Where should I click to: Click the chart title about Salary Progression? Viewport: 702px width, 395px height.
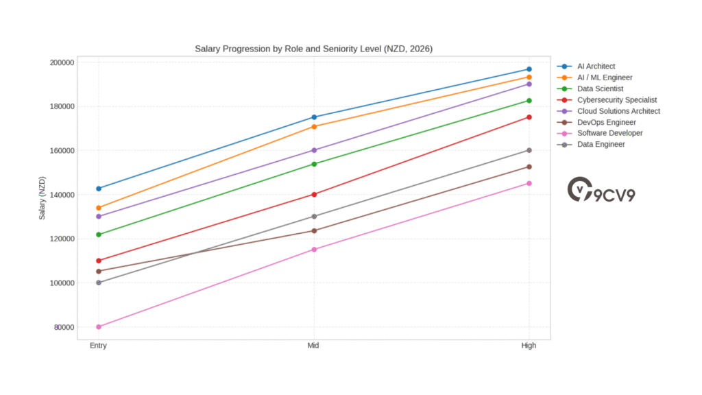313,49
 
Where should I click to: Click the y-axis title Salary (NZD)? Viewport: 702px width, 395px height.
43,195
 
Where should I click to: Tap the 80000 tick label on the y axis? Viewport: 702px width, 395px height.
64,327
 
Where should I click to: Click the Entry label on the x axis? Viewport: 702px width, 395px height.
98,346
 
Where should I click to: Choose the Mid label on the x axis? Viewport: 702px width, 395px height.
313,346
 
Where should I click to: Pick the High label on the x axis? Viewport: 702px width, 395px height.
529,346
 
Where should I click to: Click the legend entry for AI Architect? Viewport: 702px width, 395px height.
596,67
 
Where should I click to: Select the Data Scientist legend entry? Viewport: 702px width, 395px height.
600,88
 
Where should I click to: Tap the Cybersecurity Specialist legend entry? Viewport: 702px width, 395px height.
616,99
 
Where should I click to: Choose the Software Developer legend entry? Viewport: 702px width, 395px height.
609,133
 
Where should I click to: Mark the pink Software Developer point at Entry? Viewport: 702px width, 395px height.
99,326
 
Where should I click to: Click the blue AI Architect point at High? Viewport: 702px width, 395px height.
529,69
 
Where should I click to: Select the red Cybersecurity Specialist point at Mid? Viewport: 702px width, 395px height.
314,194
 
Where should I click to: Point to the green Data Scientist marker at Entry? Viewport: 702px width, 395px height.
99,235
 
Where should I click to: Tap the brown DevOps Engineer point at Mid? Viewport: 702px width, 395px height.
314,230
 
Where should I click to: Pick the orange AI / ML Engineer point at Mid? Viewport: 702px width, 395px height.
314,126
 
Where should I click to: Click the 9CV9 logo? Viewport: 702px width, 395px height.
601,191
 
